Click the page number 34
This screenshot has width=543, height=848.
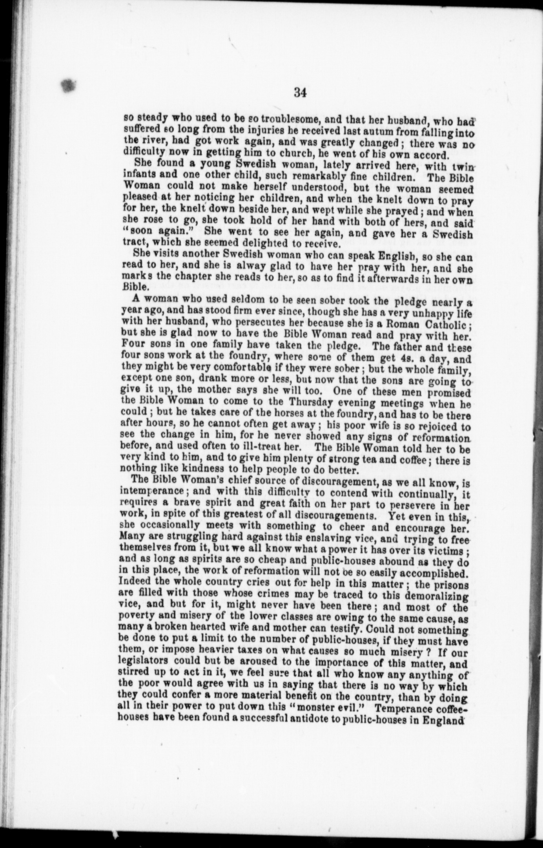point(299,93)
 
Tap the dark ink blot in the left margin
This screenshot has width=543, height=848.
point(69,85)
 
